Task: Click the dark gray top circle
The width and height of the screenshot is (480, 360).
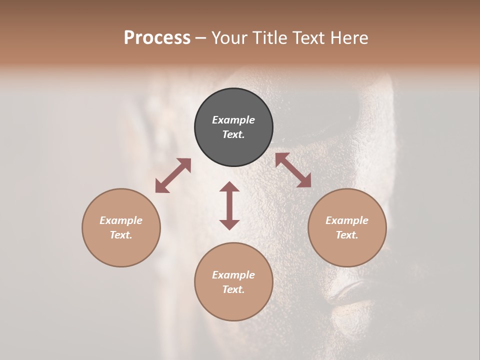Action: [233, 127]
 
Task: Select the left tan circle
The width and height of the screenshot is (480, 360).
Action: [121, 227]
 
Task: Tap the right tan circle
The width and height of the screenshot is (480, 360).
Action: [347, 227]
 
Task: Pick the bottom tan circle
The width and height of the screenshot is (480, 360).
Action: [233, 281]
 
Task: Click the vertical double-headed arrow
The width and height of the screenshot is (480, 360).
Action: [229, 205]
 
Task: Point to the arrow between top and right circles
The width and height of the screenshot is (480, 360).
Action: [293, 170]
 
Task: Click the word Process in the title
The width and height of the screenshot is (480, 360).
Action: [157, 37]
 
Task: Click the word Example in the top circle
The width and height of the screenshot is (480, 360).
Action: [233, 120]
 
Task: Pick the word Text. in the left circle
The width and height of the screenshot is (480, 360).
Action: [121, 235]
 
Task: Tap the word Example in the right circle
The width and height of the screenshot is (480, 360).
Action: [347, 220]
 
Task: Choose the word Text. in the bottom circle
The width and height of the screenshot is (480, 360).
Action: [233, 289]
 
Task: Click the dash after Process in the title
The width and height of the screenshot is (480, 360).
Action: [201, 38]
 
